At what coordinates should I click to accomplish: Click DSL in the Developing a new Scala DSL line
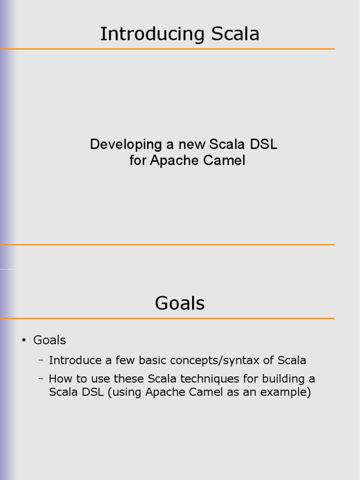click(x=264, y=144)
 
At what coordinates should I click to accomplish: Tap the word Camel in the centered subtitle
click(x=224, y=161)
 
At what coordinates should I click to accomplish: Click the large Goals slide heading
click(x=180, y=303)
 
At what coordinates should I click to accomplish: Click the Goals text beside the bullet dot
click(x=50, y=340)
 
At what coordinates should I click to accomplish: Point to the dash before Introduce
click(x=41, y=360)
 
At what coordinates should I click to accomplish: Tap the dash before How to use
click(x=41, y=378)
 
